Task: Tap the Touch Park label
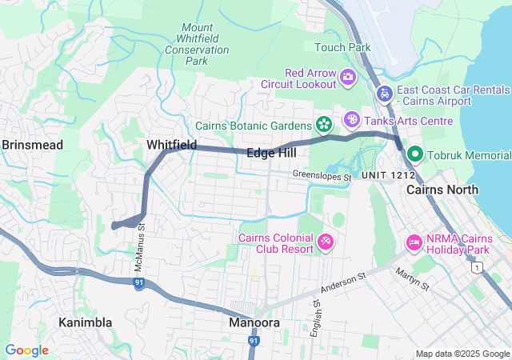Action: point(342,47)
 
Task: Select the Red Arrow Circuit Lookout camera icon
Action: point(348,78)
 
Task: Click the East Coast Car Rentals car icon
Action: point(385,93)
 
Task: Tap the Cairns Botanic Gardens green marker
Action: point(324,125)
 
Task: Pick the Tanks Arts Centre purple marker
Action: point(351,120)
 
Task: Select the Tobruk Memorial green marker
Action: point(415,154)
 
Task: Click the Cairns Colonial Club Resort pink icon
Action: point(326,241)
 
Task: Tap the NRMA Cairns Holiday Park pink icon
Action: point(414,241)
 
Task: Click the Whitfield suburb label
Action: point(171,144)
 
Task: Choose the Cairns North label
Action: point(442,190)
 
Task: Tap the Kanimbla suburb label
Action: point(85,322)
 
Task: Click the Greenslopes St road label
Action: point(322,175)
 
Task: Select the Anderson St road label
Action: point(343,281)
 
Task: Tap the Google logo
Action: point(26,350)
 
